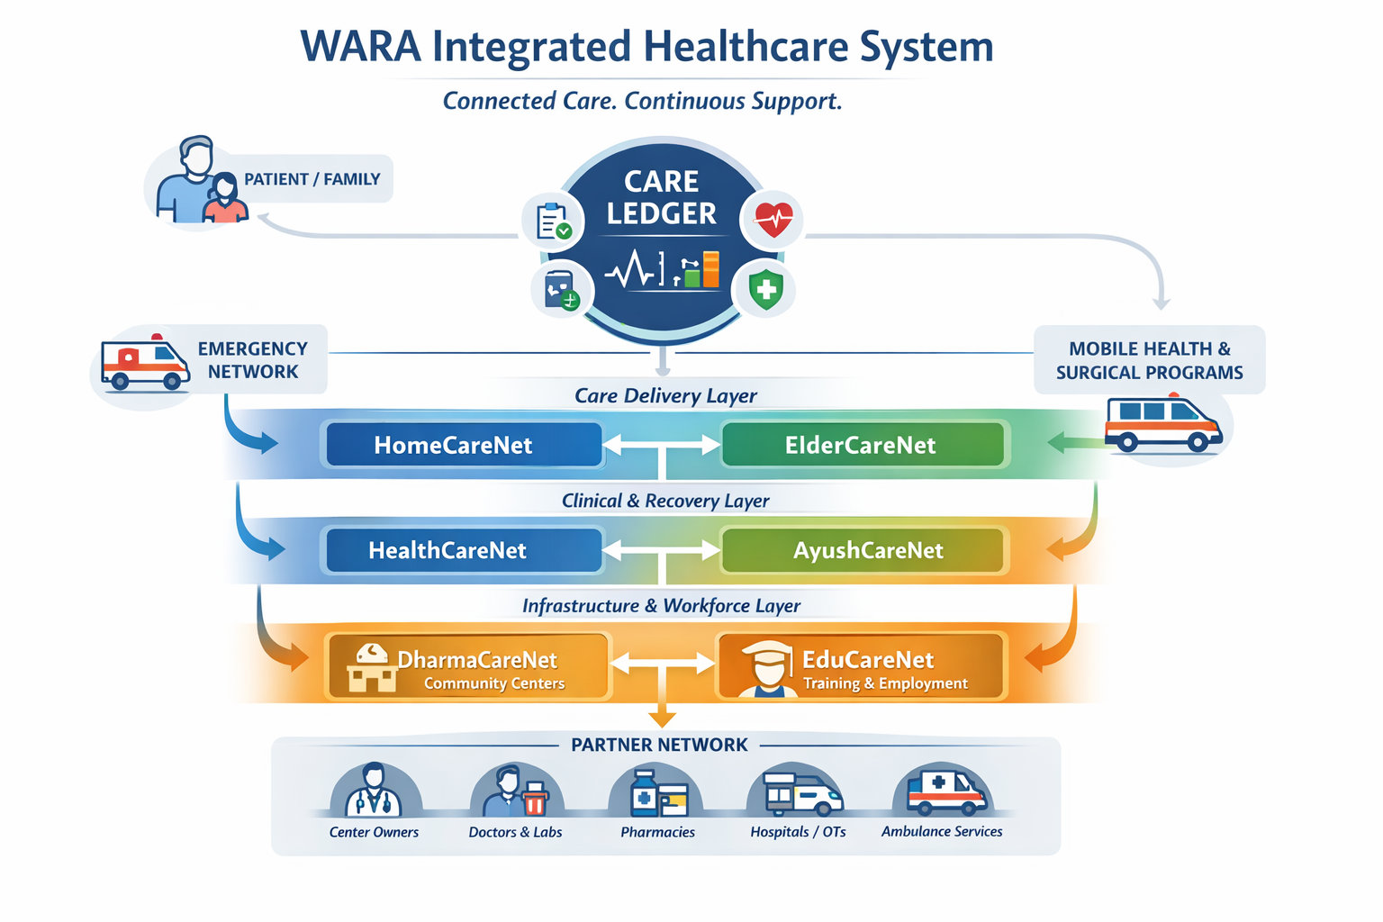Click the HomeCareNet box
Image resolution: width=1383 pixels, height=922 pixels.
click(462, 445)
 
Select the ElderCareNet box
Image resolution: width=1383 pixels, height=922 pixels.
click(863, 445)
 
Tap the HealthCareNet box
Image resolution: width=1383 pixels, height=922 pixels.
click(462, 550)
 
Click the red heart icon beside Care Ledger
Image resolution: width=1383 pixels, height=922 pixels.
click(773, 219)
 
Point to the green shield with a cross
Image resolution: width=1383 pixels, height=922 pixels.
click(765, 289)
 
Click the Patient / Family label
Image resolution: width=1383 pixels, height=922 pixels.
click(312, 179)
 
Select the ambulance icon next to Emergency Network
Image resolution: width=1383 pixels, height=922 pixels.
click(144, 364)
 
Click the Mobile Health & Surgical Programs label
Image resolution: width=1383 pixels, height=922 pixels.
click(1149, 360)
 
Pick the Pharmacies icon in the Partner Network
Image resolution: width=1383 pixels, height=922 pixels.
click(655, 792)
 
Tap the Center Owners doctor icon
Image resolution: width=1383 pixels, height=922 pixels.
click(375, 791)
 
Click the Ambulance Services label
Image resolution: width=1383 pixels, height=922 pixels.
click(942, 831)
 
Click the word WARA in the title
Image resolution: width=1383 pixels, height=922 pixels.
click(360, 47)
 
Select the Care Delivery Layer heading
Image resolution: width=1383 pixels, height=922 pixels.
click(665, 395)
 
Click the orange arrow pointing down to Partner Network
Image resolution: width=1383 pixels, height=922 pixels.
click(663, 715)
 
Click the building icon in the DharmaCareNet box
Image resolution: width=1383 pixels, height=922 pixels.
click(371, 668)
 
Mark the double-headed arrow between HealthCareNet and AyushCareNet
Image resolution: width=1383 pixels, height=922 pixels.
click(662, 549)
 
